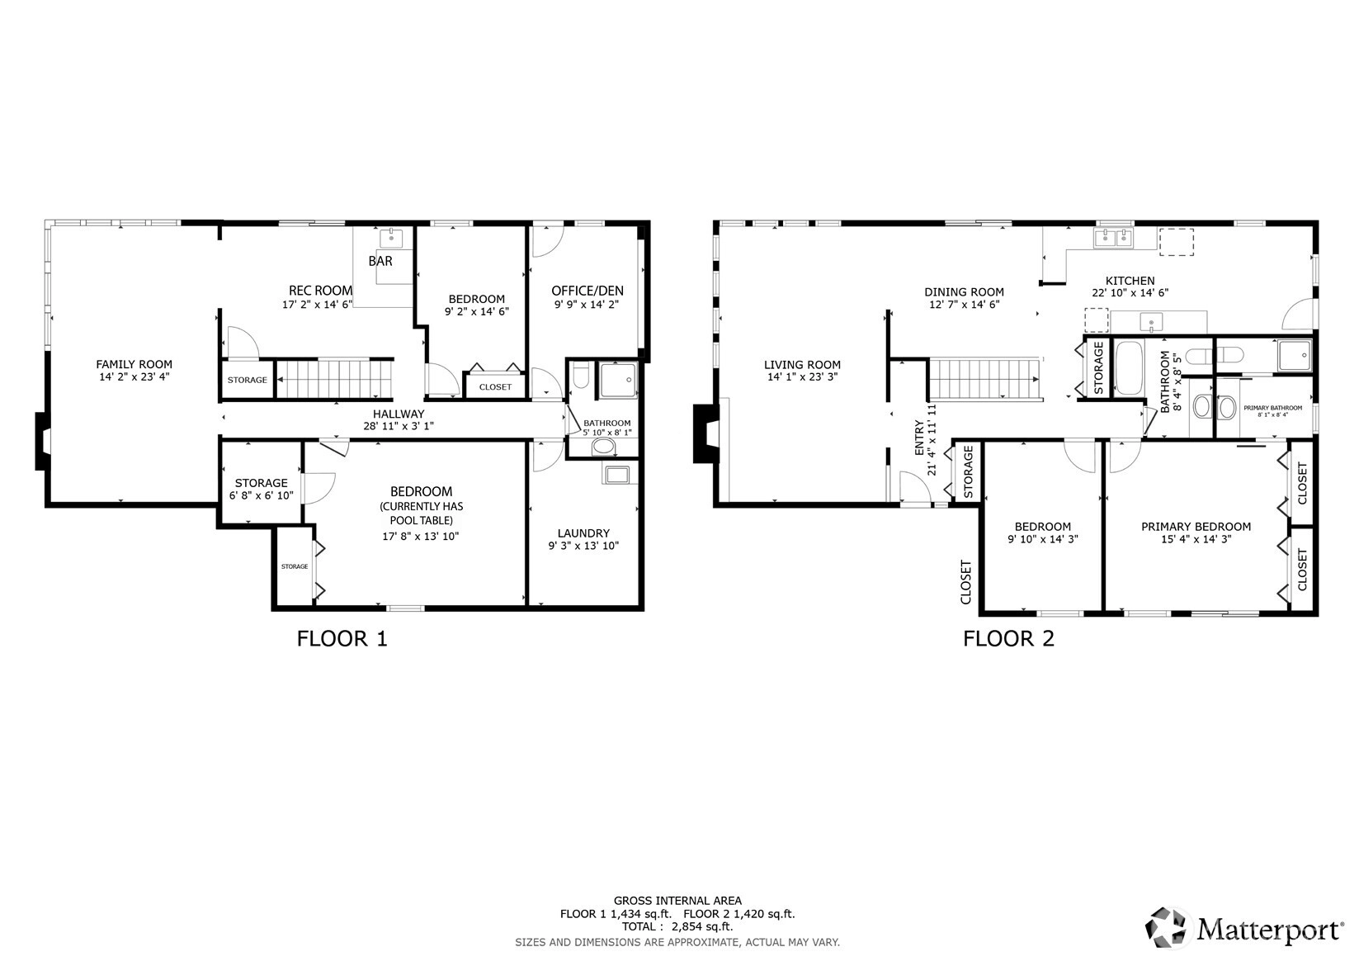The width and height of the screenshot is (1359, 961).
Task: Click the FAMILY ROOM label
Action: point(134,364)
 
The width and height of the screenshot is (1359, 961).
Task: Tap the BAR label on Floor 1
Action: point(380,261)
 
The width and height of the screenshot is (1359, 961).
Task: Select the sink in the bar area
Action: point(391,239)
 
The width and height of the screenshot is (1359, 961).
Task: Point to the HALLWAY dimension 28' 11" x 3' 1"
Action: point(399,426)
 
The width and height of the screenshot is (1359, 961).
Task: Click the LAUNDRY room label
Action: point(583,533)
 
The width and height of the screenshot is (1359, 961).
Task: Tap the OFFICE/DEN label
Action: point(587,291)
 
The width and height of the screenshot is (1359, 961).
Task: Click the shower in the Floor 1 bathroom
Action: point(618,380)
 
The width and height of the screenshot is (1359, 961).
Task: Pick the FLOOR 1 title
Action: point(342,639)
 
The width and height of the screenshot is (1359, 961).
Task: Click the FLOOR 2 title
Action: point(1009,639)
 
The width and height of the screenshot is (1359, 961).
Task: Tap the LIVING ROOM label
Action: point(802,365)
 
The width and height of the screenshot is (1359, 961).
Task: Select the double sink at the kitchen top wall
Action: point(1114,238)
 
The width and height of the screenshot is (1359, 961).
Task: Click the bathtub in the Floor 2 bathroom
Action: point(1129,368)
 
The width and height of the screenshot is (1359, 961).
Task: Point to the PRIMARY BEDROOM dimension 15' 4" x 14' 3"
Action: point(1196,539)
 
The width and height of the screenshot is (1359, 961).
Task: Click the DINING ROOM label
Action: point(964,292)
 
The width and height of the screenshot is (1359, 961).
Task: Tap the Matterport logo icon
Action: point(1166,927)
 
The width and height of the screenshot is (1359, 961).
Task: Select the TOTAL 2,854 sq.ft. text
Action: point(677,926)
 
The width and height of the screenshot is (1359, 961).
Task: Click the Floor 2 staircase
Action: point(985,379)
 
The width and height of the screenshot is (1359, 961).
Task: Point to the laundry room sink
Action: point(617,475)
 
